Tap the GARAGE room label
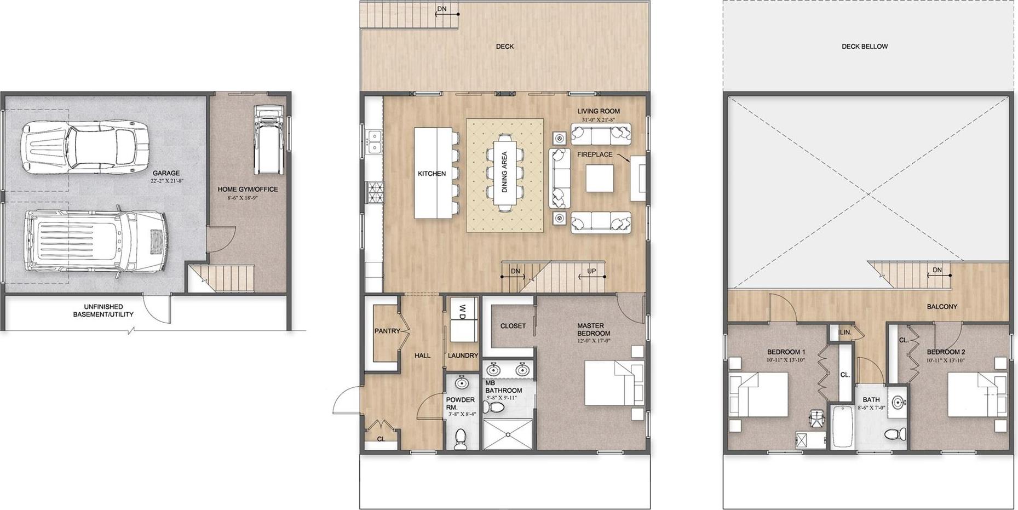(166, 173)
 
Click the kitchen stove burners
(376, 192)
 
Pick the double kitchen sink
(375, 141)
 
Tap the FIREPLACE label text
(595, 154)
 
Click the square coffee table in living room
(599, 179)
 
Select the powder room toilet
(461, 439)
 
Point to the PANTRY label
(387, 331)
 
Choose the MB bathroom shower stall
(508, 434)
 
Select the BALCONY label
(942, 306)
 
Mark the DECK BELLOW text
(865, 47)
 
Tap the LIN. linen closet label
(846, 332)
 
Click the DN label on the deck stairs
(441, 9)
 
